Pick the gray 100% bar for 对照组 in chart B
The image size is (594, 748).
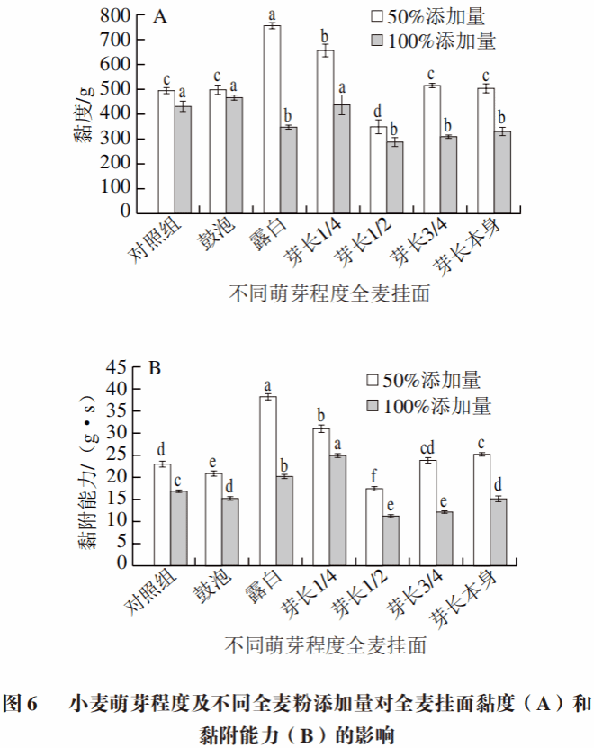(179, 527)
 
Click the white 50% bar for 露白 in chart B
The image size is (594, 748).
(267, 481)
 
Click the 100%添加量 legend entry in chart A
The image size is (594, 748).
(433, 41)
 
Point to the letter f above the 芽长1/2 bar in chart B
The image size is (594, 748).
(375, 477)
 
